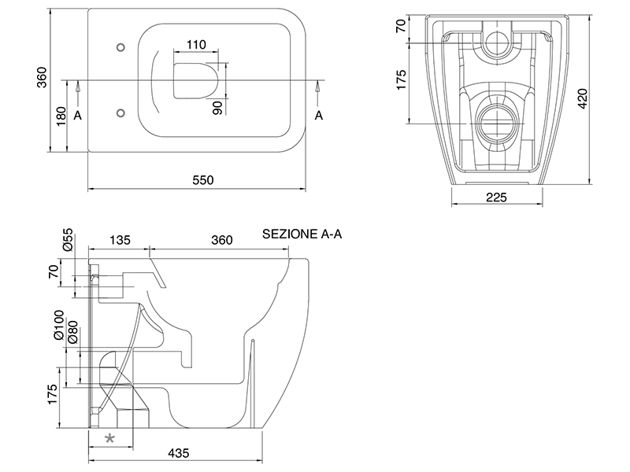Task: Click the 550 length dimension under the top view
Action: [x=202, y=180]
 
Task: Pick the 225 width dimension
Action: [x=495, y=197]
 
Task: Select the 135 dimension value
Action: [x=119, y=240]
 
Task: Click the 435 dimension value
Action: [x=178, y=454]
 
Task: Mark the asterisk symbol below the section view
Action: [x=110, y=438]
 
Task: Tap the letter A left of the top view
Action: [x=77, y=115]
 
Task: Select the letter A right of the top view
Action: [x=319, y=115]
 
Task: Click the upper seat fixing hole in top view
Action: [x=120, y=46]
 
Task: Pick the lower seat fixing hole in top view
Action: [x=120, y=112]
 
